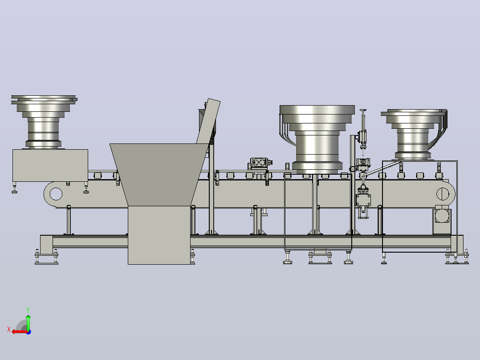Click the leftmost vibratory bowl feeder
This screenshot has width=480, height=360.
(x=44, y=122)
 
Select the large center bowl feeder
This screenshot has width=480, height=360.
(x=317, y=139)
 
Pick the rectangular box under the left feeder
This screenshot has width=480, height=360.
(x=50, y=165)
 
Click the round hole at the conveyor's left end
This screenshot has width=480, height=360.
(x=56, y=194)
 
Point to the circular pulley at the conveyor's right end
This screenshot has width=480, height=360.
(x=443, y=194)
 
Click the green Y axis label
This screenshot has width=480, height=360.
(x=28, y=310)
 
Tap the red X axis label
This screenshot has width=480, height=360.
(x=9, y=330)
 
